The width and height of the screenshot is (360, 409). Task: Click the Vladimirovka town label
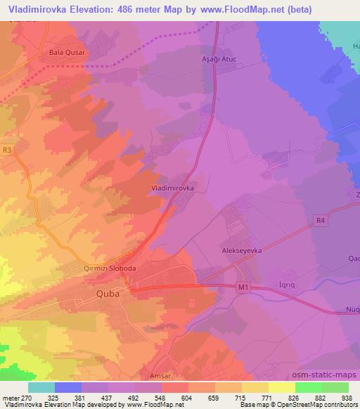(x=178, y=188)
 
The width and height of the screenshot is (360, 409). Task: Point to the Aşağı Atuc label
(x=212, y=60)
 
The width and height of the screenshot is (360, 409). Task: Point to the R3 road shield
(x=7, y=150)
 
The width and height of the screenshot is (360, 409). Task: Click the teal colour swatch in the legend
(x=41, y=387)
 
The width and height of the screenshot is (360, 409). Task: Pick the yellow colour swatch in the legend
(x=282, y=387)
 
